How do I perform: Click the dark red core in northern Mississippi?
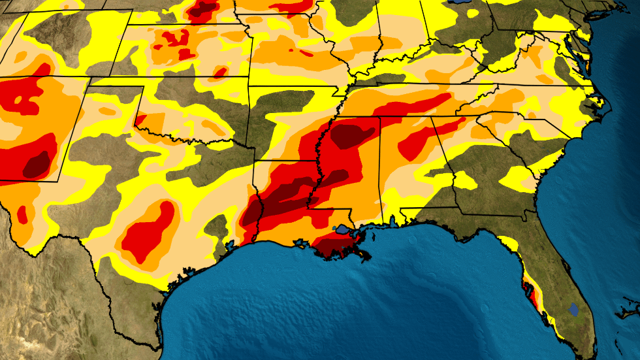353,136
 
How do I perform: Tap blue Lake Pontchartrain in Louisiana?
342,229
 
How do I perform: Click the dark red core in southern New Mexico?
37,163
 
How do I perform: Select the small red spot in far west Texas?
23,213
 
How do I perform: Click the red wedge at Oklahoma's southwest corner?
140,120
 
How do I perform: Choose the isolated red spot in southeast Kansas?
221,72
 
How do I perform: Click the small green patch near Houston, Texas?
216,229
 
